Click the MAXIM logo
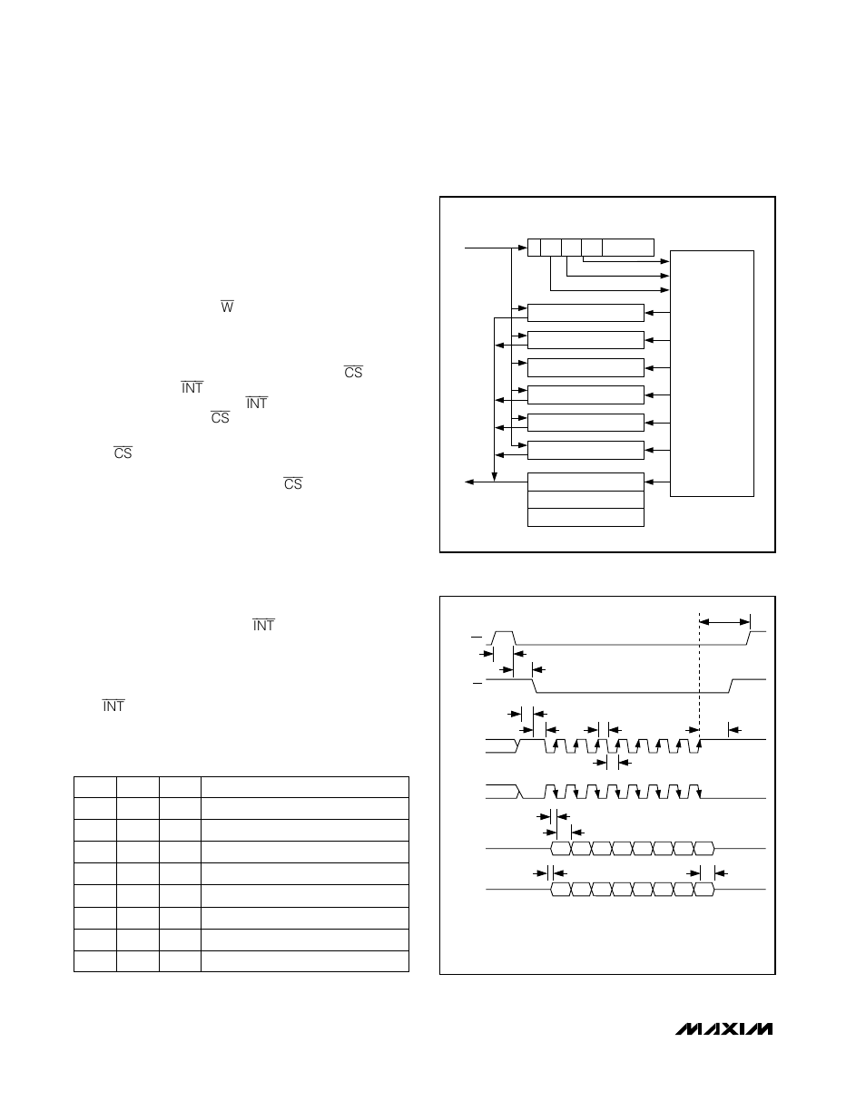point(723,1029)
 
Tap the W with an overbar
point(227,307)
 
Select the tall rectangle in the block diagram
point(712,373)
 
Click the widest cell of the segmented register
point(627,247)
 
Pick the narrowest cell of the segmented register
point(533,247)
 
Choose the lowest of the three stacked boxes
point(586,518)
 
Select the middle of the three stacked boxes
point(586,500)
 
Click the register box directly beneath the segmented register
point(586,313)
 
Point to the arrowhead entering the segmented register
point(523,246)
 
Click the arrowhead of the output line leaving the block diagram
point(469,482)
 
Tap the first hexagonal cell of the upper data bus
point(560,849)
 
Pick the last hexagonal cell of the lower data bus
point(704,890)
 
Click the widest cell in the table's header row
point(305,787)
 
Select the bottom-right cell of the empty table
point(305,961)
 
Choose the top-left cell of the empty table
point(94,787)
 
